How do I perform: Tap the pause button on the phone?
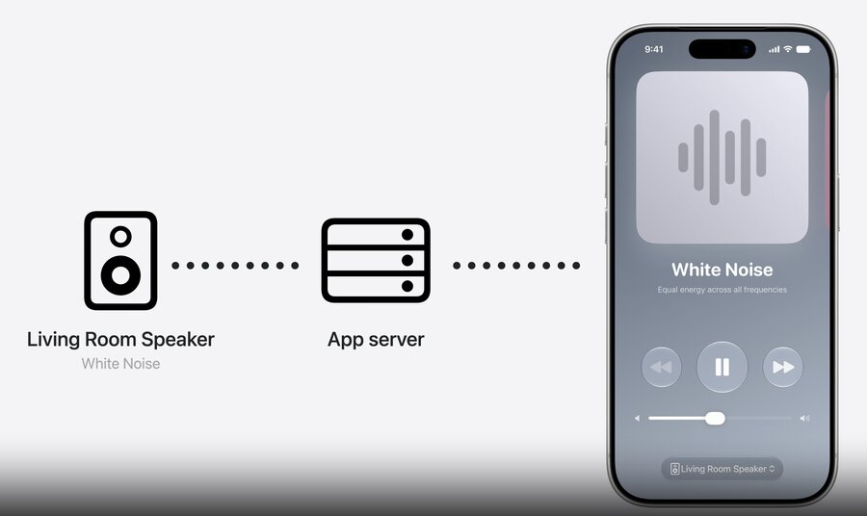[x=722, y=367]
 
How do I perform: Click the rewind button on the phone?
[x=661, y=367]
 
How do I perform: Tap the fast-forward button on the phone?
[x=783, y=367]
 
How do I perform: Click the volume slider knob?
[x=715, y=418]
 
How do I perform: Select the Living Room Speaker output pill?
[x=722, y=469]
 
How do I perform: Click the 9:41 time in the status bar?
[x=653, y=49]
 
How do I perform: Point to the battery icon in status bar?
[x=803, y=49]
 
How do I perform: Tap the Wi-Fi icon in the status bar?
[x=788, y=49]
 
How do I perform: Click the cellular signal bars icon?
[x=775, y=50]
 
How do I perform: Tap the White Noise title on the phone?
[x=722, y=270]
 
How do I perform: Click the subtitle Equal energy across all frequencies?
[x=722, y=290]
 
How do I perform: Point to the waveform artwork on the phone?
[x=722, y=158]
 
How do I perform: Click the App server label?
[x=376, y=339]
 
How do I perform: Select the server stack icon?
[x=376, y=260]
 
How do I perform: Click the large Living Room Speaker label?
[x=120, y=339]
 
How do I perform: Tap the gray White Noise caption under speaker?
[x=120, y=364]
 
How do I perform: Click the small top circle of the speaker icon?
[x=120, y=237]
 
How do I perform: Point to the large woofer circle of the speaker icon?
[x=120, y=275]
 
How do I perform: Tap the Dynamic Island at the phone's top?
[x=722, y=49]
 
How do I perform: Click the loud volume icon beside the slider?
[x=804, y=418]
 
